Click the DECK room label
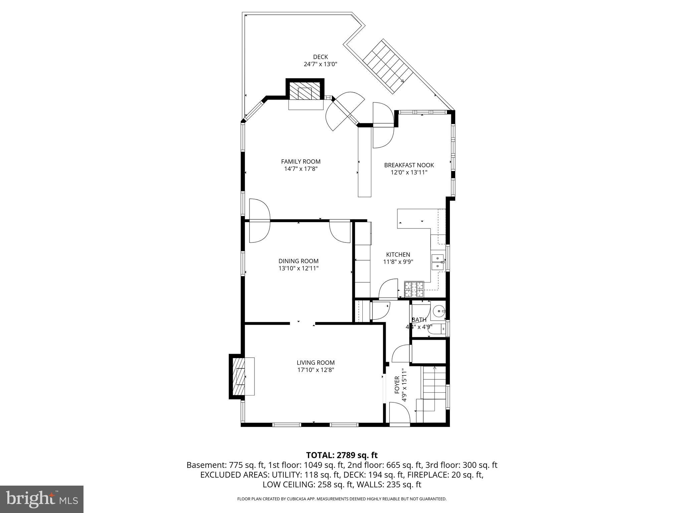(x=320, y=57)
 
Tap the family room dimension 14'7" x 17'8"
(x=301, y=169)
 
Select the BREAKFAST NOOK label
(x=409, y=165)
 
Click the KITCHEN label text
(x=398, y=254)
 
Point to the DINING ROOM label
(x=299, y=261)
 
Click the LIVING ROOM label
(x=316, y=363)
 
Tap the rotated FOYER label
(x=397, y=385)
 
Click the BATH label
(x=419, y=320)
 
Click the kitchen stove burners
(x=414, y=290)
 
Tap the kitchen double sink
(x=438, y=263)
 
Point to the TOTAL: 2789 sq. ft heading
(x=342, y=455)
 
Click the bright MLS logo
(x=42, y=499)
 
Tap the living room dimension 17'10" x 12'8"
(x=316, y=370)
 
